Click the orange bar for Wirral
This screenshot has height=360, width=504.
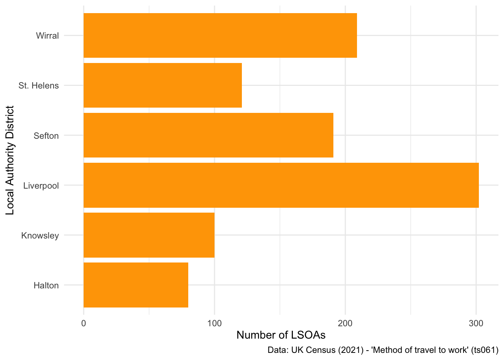pyautogui.click(x=220, y=36)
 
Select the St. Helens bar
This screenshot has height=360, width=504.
pyautogui.click(x=162, y=85)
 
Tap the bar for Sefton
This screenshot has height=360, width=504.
pyautogui.click(x=208, y=135)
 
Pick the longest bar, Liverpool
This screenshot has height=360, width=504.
pyautogui.click(x=281, y=185)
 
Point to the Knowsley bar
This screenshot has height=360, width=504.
pyautogui.click(x=149, y=235)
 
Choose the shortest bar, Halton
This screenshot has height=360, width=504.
pyautogui.click(x=136, y=285)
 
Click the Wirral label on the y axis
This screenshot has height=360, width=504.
pyautogui.click(x=47, y=36)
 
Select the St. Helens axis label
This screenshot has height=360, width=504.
pyautogui.click(x=39, y=86)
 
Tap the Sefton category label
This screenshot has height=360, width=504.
pyautogui.click(x=46, y=136)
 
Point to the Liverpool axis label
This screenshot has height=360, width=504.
pyautogui.click(x=41, y=186)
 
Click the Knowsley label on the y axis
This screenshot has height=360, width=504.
pyautogui.click(x=40, y=236)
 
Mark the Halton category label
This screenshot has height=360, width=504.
pyautogui.click(x=46, y=286)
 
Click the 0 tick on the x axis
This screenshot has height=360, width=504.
pyautogui.click(x=84, y=323)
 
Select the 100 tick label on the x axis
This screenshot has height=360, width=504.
pyautogui.click(x=214, y=323)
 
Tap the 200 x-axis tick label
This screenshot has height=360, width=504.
pyautogui.click(x=345, y=323)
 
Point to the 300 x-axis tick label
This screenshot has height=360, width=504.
pyautogui.click(x=476, y=323)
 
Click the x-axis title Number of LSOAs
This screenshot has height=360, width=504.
pyautogui.click(x=281, y=335)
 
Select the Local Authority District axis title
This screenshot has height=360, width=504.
pyautogui.click(x=10, y=160)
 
